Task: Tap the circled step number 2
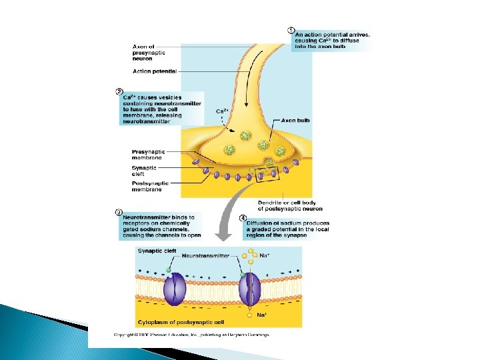click(x=119, y=91)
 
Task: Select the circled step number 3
click(x=119, y=213)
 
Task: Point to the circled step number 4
click(x=243, y=217)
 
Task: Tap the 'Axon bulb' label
click(x=295, y=121)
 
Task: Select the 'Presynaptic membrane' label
click(x=148, y=155)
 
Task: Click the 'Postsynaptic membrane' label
click(x=150, y=186)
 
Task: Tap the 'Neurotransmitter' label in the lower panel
click(x=206, y=255)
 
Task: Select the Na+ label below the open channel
click(x=262, y=314)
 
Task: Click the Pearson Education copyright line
click(x=191, y=335)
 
